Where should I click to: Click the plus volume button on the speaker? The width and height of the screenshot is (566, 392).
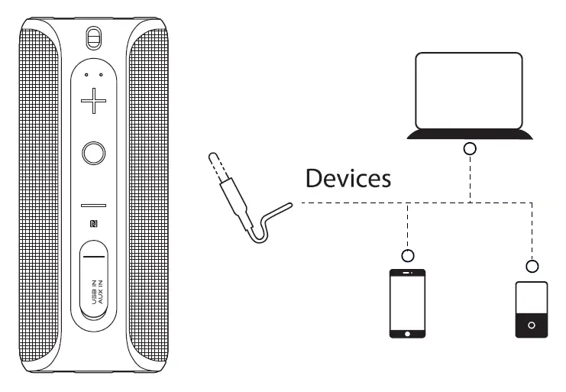tap(94, 101)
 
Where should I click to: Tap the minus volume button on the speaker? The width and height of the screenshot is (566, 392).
tap(93, 206)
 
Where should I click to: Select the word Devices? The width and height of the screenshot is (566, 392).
tap(348, 179)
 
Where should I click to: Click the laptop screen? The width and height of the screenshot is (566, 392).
tap(468, 90)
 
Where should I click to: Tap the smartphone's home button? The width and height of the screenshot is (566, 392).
tap(408, 333)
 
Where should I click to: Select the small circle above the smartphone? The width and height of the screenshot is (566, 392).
tap(409, 255)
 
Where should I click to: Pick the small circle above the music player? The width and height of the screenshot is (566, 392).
tap(532, 266)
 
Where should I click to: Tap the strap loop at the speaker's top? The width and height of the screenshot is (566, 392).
tap(93, 37)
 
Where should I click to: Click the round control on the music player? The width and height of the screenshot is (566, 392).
tap(532, 325)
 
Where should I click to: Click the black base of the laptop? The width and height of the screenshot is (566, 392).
tap(469, 135)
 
